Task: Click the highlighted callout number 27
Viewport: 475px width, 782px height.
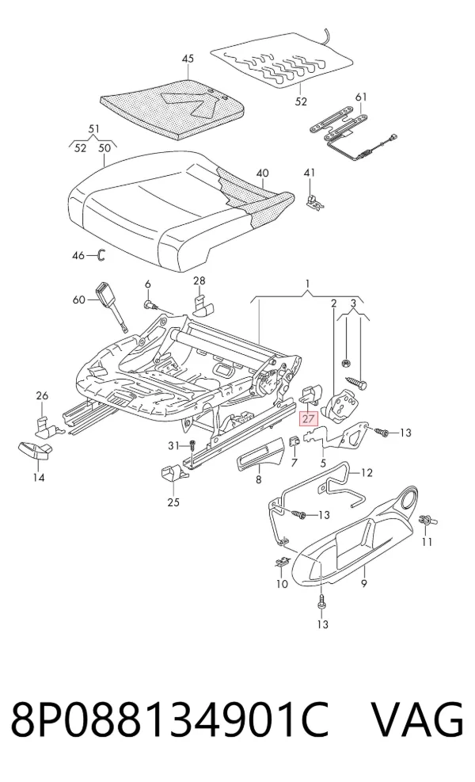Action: click(x=308, y=418)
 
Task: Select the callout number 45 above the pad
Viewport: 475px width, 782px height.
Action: click(x=188, y=59)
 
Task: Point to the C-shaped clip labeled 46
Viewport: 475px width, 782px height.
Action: click(x=101, y=255)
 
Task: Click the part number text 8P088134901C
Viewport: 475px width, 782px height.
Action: click(x=170, y=719)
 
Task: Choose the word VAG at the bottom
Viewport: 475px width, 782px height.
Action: click(x=418, y=719)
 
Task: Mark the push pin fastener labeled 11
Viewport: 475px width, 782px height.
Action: click(x=427, y=521)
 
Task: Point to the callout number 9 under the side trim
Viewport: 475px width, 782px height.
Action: click(x=364, y=582)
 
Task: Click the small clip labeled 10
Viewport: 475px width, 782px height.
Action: click(x=281, y=562)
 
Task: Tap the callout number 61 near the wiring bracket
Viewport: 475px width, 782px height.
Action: click(x=361, y=97)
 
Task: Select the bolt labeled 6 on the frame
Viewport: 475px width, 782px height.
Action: click(x=150, y=305)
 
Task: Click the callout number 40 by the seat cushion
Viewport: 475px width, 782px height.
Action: click(x=262, y=173)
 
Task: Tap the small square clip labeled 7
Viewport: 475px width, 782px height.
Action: click(x=294, y=441)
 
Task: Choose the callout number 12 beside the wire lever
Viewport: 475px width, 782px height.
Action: click(x=367, y=472)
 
